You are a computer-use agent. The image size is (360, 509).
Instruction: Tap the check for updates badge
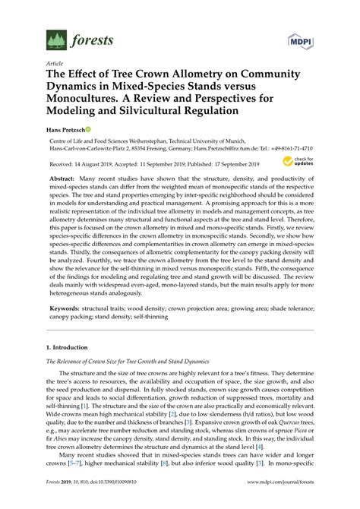tap(296, 162)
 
